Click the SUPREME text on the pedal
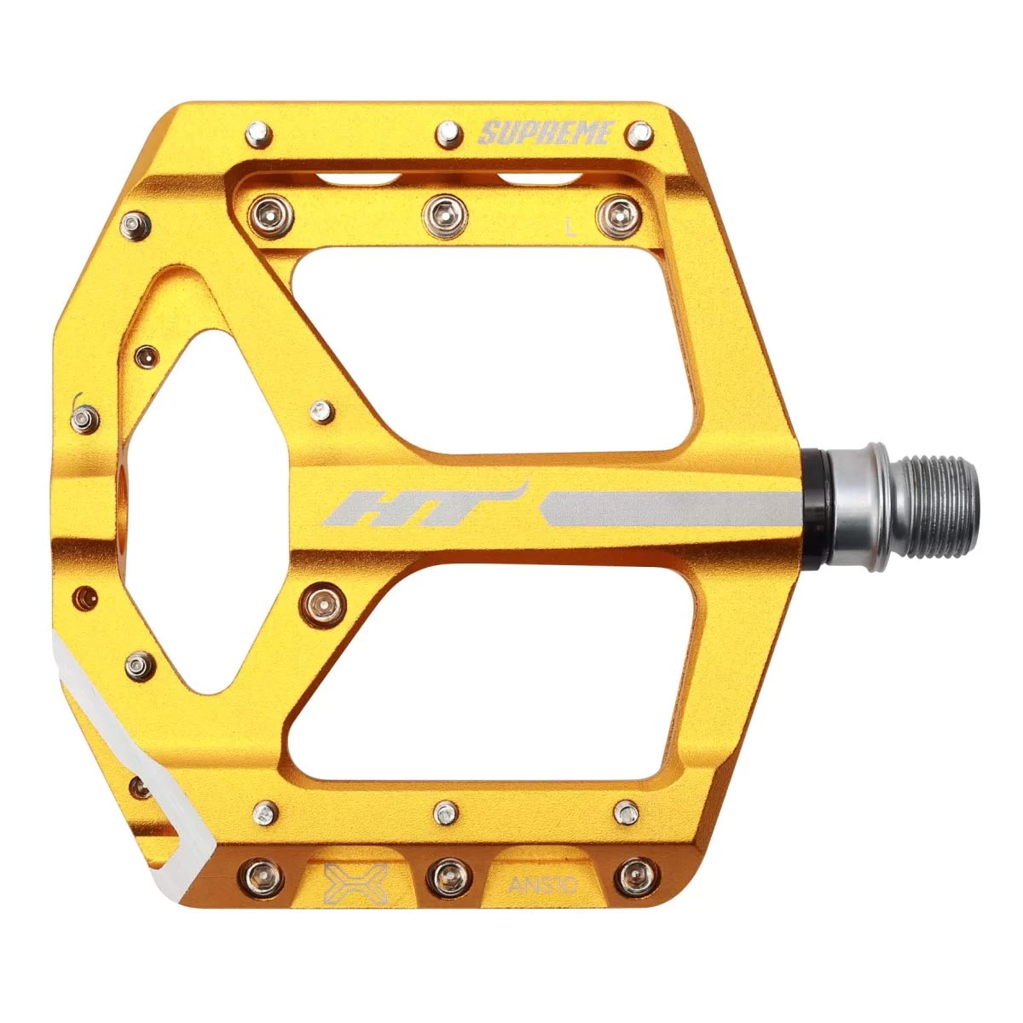coord(546,133)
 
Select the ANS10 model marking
coord(541,885)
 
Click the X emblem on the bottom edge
coord(356,884)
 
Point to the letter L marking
coord(570,228)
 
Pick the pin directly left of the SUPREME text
coord(448,136)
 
